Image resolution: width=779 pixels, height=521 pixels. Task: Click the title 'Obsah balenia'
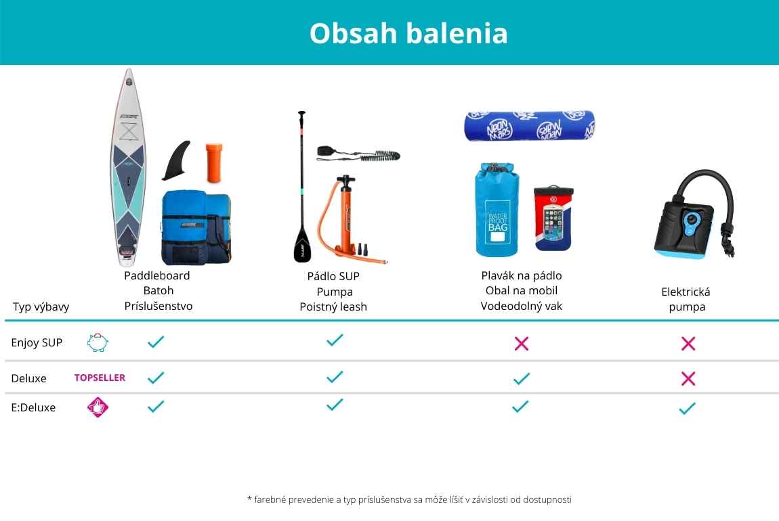click(x=408, y=33)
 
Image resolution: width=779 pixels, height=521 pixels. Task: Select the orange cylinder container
click(x=214, y=163)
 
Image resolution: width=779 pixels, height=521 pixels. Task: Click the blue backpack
click(x=196, y=227)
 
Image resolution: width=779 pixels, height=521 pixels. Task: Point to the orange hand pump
click(x=347, y=219)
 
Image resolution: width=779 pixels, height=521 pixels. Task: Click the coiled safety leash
click(x=358, y=154)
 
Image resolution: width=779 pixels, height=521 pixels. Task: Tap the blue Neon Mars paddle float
click(x=530, y=126)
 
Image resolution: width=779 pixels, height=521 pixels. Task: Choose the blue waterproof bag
click(x=497, y=210)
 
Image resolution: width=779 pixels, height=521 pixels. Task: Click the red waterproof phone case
click(x=553, y=219)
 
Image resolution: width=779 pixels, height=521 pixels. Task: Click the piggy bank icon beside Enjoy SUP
click(x=98, y=342)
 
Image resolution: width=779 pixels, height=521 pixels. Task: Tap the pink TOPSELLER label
click(x=100, y=378)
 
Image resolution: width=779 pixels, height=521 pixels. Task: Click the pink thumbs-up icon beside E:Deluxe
click(x=98, y=407)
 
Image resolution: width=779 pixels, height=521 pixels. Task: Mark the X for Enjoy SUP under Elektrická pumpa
click(x=688, y=343)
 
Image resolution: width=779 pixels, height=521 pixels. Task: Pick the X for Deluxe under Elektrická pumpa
click(x=688, y=379)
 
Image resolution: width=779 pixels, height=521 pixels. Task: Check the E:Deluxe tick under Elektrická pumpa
click(x=687, y=409)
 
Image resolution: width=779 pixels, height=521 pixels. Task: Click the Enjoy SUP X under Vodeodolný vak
click(x=522, y=343)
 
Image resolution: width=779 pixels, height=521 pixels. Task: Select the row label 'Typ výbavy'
click(x=41, y=307)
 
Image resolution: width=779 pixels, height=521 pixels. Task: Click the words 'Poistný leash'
click(x=333, y=307)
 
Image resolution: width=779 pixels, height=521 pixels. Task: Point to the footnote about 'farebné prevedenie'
click(x=409, y=499)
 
